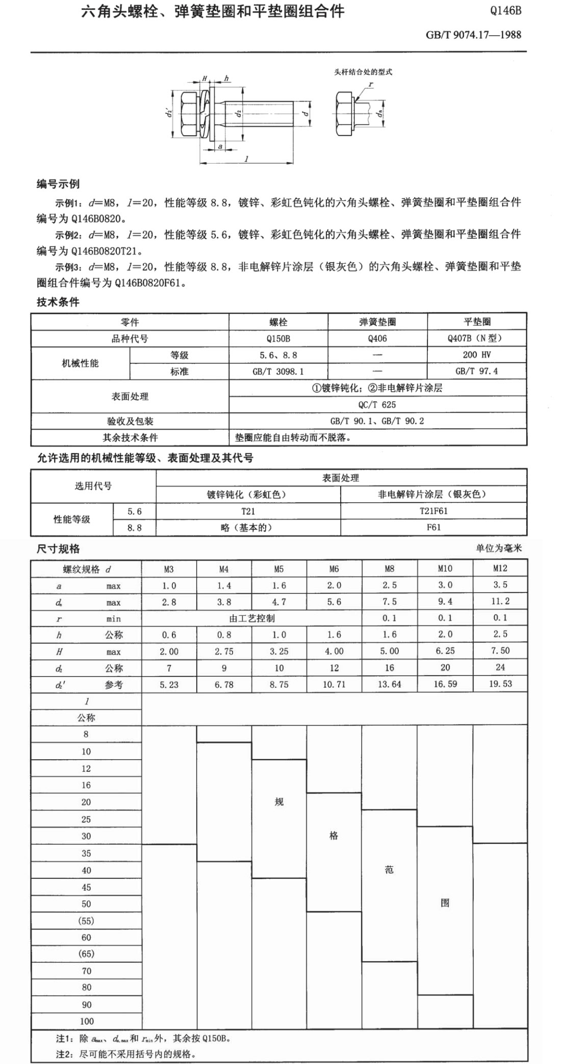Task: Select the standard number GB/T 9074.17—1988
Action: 473,35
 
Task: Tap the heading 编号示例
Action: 58,184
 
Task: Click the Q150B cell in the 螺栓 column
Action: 278,339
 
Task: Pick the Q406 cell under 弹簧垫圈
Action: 377,339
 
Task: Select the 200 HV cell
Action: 477,355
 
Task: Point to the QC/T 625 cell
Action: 377,405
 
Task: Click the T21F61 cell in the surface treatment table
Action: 433,511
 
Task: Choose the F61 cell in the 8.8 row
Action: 433,527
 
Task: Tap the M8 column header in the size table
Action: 390,568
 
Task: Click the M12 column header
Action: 500,568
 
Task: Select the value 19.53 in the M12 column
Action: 500,684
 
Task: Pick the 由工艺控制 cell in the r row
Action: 252,618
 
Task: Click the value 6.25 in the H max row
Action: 445,651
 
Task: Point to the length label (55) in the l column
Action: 86,921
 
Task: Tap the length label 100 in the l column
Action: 87,1021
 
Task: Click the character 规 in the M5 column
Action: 279,802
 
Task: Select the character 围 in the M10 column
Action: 445,903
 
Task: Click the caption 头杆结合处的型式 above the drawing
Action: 363,72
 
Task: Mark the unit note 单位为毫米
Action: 499,549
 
